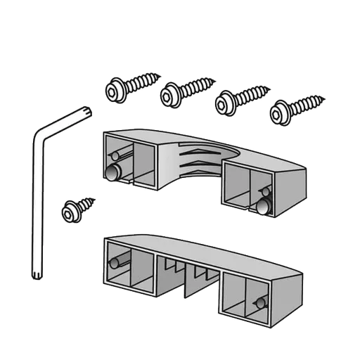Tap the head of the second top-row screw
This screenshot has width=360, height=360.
click(x=171, y=94)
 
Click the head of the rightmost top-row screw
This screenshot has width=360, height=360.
click(x=280, y=112)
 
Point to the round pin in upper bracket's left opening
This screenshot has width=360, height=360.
click(x=112, y=173)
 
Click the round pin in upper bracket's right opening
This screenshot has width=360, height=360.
click(x=264, y=205)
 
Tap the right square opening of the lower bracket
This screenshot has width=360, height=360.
click(x=246, y=294)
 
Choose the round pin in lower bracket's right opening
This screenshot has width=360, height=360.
click(x=260, y=302)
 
